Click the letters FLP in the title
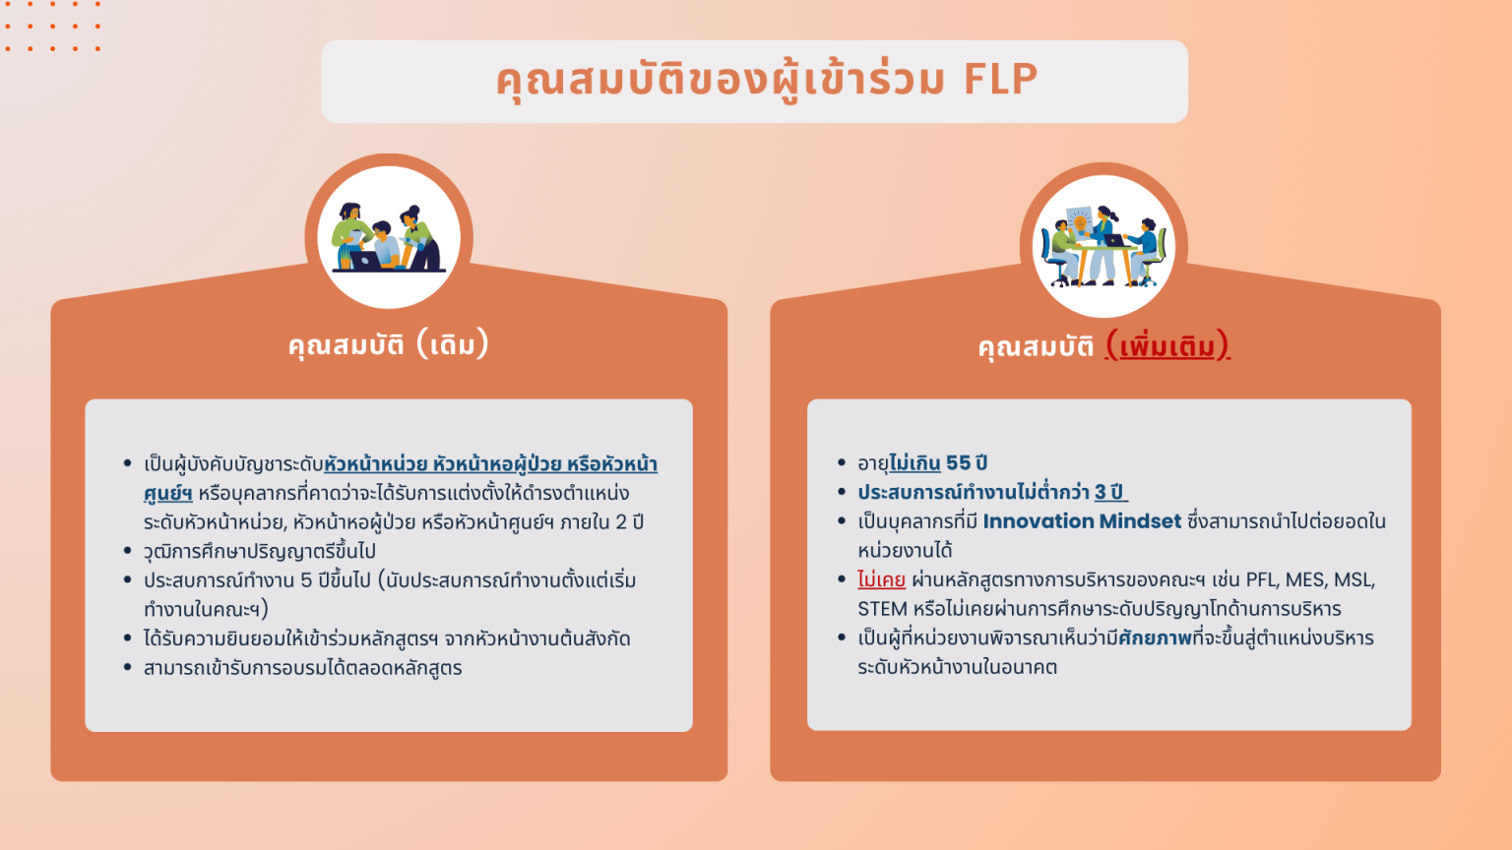[x=1000, y=80]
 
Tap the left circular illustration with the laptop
[x=389, y=237]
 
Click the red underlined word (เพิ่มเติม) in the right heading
[x=1167, y=346]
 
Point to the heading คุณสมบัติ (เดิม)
[x=388, y=345]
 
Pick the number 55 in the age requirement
[x=958, y=463]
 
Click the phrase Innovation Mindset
[x=1082, y=521]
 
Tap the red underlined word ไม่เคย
[x=881, y=579]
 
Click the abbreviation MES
[x=1305, y=579]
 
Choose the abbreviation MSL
[x=1354, y=579]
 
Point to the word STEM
[x=882, y=609]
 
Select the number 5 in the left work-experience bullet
[x=306, y=580]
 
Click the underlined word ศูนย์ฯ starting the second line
[x=167, y=493]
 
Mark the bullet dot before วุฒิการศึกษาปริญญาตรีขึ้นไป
[x=128, y=551]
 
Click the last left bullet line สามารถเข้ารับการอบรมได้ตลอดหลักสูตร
[x=302, y=668]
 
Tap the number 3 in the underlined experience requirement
[x=1101, y=492]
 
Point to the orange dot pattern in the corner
[x=52, y=27]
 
